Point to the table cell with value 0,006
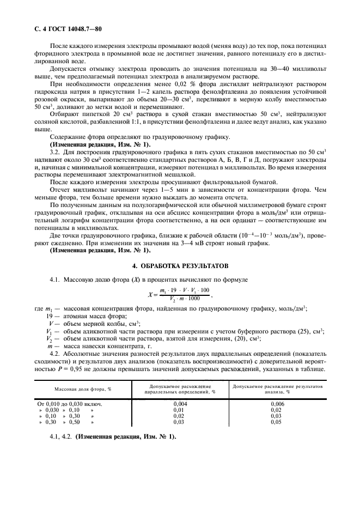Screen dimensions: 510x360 click(x=277, y=404)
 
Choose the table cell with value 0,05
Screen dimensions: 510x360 click(x=277, y=422)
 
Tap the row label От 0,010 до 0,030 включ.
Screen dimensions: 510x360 click(x=70, y=404)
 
